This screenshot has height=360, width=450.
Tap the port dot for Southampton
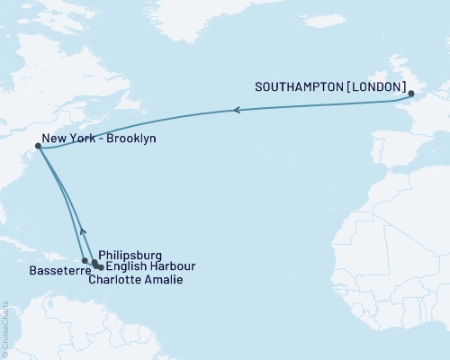[x=410, y=94]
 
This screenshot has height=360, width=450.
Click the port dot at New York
[x=38, y=145]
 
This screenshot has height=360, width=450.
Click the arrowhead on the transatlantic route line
[x=236, y=110]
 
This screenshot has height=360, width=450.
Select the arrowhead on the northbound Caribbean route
[x=82, y=230]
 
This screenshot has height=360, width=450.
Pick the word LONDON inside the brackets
[x=376, y=88]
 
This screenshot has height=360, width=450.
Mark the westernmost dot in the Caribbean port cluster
[x=85, y=261]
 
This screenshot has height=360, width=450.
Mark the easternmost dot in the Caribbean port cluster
[x=101, y=267]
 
